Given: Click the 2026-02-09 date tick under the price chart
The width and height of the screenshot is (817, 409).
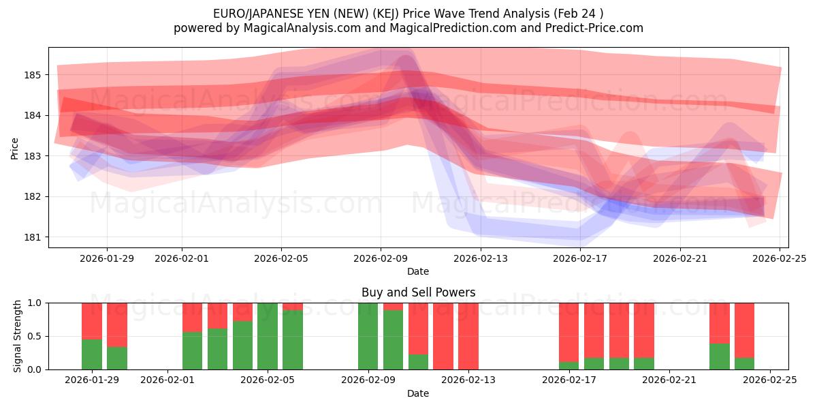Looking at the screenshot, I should point(381,258).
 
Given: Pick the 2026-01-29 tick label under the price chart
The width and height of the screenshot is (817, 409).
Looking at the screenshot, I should point(107,258).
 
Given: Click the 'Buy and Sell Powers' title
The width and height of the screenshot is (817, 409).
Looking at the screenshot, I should point(418,292).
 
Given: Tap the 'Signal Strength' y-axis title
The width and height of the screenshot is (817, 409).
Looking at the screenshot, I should point(18,336).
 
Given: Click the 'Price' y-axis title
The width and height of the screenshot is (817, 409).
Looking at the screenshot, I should point(15,149).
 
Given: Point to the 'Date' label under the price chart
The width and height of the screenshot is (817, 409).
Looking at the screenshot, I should point(418,271).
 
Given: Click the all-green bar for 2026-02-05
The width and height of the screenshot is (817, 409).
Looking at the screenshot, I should point(268,336).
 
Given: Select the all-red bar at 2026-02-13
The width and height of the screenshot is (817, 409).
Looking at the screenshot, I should point(468,336).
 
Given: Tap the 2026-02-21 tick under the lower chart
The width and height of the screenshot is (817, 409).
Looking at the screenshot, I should point(669,380).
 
